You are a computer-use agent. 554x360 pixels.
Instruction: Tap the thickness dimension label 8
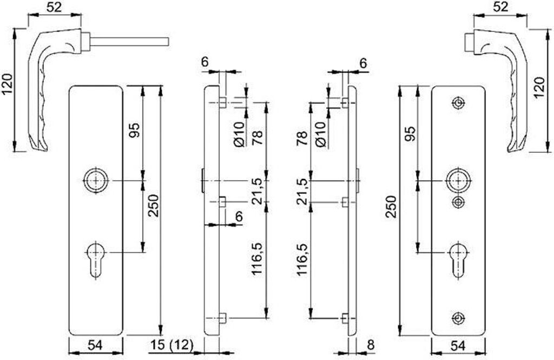point(371,344)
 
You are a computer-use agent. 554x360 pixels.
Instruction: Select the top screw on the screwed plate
point(459,103)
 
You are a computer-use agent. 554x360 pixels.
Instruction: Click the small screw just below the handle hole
point(459,202)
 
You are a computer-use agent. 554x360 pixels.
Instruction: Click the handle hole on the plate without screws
point(96,180)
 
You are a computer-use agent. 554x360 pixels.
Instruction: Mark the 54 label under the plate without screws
point(96,344)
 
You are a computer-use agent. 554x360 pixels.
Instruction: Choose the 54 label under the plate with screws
point(458,344)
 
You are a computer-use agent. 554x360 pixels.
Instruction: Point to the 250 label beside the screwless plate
point(153,207)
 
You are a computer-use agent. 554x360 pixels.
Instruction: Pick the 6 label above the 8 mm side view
point(363,63)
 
